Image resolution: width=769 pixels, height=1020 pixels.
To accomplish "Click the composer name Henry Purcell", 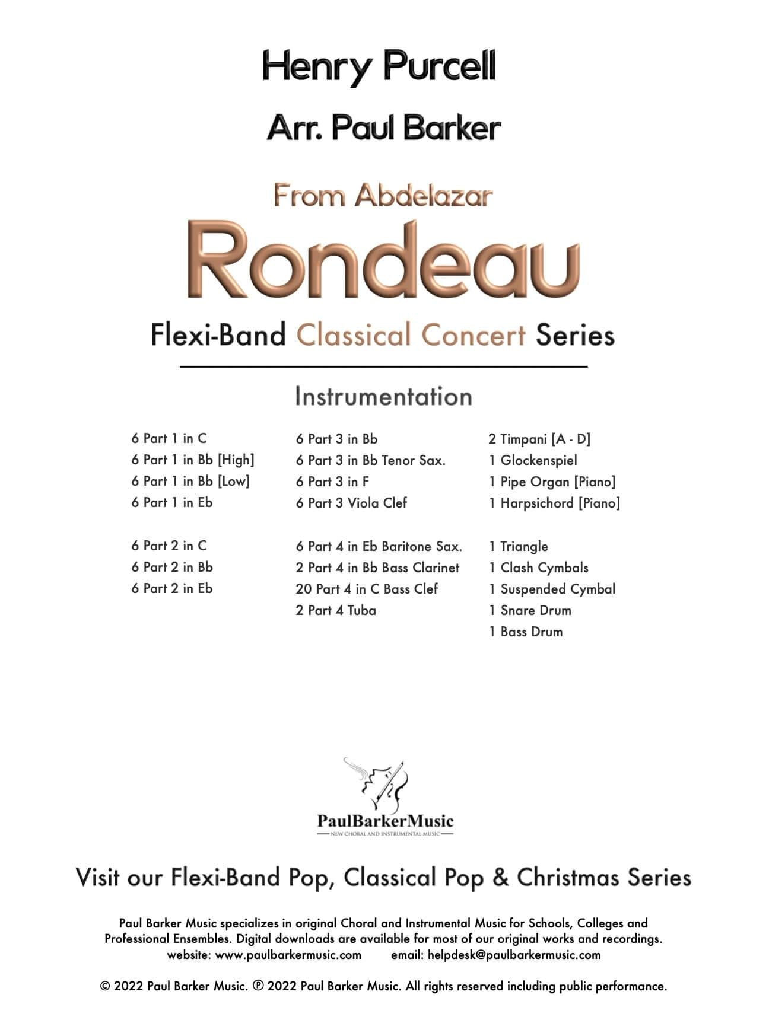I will [x=379, y=67].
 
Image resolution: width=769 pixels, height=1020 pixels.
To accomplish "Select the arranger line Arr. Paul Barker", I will [x=384, y=128].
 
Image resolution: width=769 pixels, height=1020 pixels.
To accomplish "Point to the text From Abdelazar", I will [x=383, y=196].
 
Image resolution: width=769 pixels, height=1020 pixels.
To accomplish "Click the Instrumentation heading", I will [x=383, y=397].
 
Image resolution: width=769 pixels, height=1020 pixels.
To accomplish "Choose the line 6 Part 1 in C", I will [x=169, y=439].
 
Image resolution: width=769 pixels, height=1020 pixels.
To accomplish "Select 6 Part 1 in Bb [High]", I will [x=193, y=460].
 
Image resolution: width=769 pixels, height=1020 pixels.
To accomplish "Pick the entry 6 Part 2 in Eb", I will [x=172, y=589].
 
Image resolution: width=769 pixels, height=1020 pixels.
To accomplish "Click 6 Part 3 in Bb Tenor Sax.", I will [x=371, y=460].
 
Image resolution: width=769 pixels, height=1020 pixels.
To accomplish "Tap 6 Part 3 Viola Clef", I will [x=351, y=503].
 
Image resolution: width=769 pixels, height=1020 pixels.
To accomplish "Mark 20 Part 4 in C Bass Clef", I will [x=367, y=589].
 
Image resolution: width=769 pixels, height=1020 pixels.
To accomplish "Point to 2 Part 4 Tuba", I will [x=336, y=610].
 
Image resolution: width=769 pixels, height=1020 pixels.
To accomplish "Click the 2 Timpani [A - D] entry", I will [x=539, y=439].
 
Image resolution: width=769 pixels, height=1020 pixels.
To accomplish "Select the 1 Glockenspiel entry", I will [x=533, y=460].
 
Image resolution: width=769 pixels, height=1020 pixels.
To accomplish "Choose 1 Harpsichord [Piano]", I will [x=554, y=503].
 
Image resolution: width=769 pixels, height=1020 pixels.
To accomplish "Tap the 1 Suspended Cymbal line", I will [x=552, y=589].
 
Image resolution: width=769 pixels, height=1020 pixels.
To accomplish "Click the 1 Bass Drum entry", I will [x=526, y=632].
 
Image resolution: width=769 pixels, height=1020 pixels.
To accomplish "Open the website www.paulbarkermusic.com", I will [x=288, y=955].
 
